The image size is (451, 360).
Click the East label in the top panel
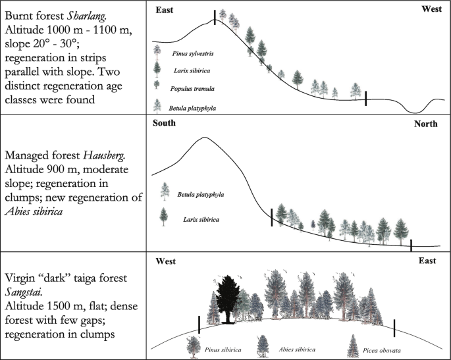pos(167,11)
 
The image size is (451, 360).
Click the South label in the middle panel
pos(165,124)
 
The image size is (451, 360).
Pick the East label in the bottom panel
pos(427,261)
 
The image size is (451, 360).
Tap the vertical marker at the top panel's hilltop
pos(215,17)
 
